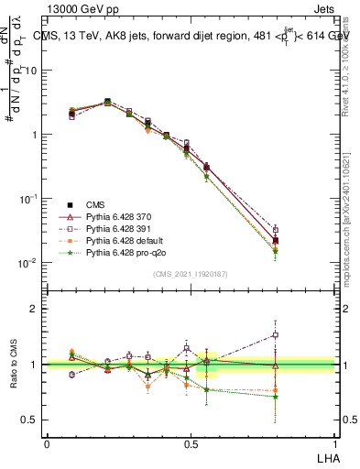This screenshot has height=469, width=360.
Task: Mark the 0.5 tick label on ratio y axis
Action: tap(32, 420)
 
